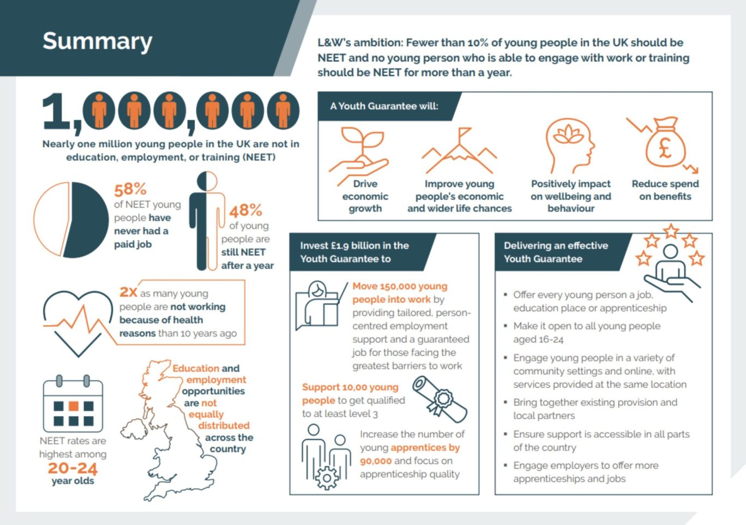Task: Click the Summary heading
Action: click(97, 41)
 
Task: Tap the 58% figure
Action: click(130, 189)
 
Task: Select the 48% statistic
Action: click(245, 210)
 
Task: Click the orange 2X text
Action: click(128, 292)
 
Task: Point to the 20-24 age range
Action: click(73, 468)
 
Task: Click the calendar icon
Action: click(73, 406)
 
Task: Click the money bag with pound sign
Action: click(665, 143)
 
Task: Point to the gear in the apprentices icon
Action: click(327, 478)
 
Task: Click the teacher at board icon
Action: click(320, 305)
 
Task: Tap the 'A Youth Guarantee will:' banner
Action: click(384, 106)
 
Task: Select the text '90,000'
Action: click(376, 461)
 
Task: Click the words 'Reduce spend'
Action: click(665, 184)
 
